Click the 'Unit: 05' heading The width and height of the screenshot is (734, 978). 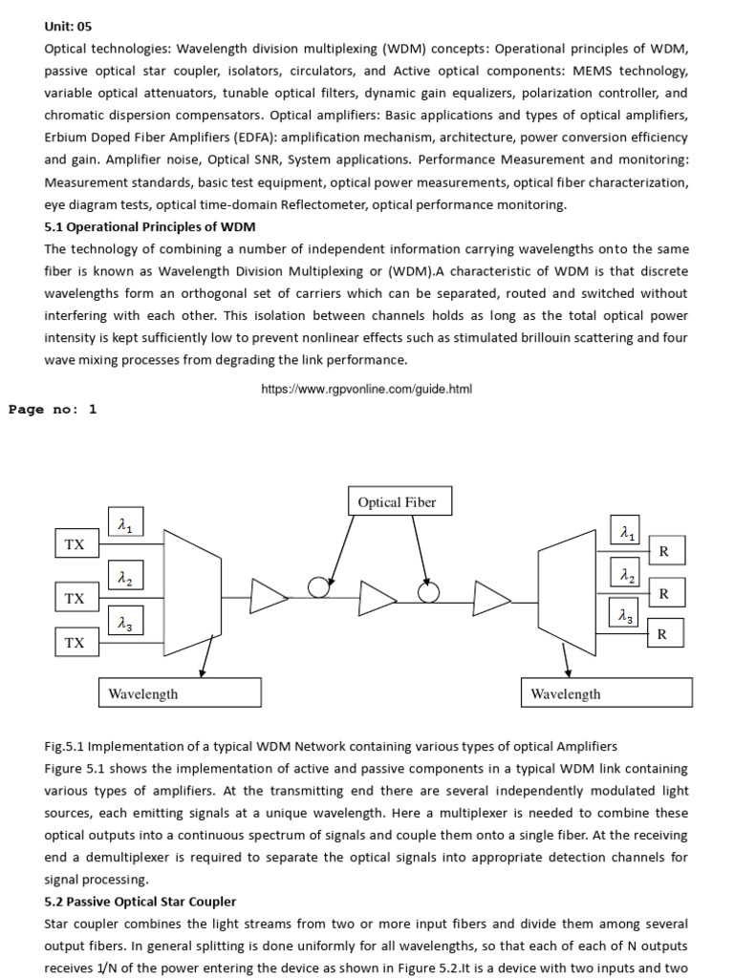pos(69,26)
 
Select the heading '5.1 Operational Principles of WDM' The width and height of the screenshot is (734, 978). pos(150,226)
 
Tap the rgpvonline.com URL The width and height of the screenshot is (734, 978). pos(366,390)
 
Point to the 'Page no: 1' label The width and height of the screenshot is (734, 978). pos(54,410)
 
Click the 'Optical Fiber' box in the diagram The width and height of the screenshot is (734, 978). pos(397,502)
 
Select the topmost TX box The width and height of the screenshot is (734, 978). pos(75,545)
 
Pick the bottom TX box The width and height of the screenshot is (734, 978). pos(75,643)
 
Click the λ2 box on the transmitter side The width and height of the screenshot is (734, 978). pos(125,578)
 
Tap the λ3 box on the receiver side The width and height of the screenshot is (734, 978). pos(625,616)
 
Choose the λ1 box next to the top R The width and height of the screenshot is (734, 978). pos(625,532)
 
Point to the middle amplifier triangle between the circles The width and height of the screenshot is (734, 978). pos(377,598)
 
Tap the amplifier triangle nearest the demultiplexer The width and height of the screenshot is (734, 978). pos(491,599)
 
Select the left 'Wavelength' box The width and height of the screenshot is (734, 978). pos(180,693)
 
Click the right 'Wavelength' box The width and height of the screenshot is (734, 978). pos(606,693)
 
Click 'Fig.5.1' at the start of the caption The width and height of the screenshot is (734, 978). pos(64,746)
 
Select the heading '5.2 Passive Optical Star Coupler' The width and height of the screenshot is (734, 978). pos(140,902)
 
